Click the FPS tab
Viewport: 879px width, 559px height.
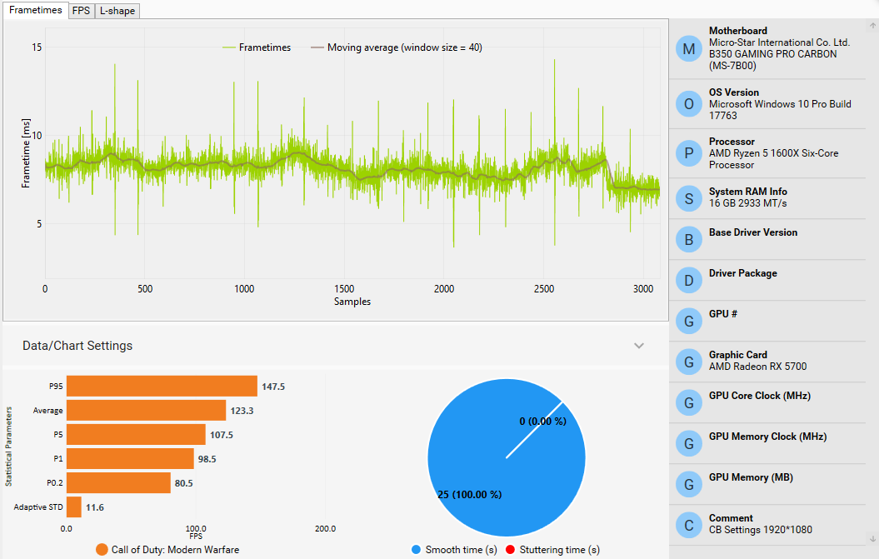[80, 11]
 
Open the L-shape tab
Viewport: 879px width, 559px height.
[117, 11]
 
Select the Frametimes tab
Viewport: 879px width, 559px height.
[35, 10]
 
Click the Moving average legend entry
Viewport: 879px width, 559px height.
[404, 47]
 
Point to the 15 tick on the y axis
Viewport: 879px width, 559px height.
[37, 47]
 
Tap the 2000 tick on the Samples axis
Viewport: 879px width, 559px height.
[444, 288]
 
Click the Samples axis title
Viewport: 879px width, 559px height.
[352, 301]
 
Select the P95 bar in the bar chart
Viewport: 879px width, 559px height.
[162, 386]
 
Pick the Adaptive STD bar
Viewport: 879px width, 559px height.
[74, 507]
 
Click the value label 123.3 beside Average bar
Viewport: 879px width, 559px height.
[245, 411]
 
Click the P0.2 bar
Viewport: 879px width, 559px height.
[118, 482]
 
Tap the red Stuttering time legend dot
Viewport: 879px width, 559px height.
[512, 550]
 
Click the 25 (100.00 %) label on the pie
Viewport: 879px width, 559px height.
[469, 495]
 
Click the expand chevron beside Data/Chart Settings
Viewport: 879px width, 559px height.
[639, 346]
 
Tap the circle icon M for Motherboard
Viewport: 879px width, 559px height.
[688, 49]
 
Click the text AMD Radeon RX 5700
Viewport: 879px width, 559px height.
[757, 367]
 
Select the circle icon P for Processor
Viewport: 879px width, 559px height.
[688, 153]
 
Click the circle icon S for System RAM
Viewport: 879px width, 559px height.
[688, 198]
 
